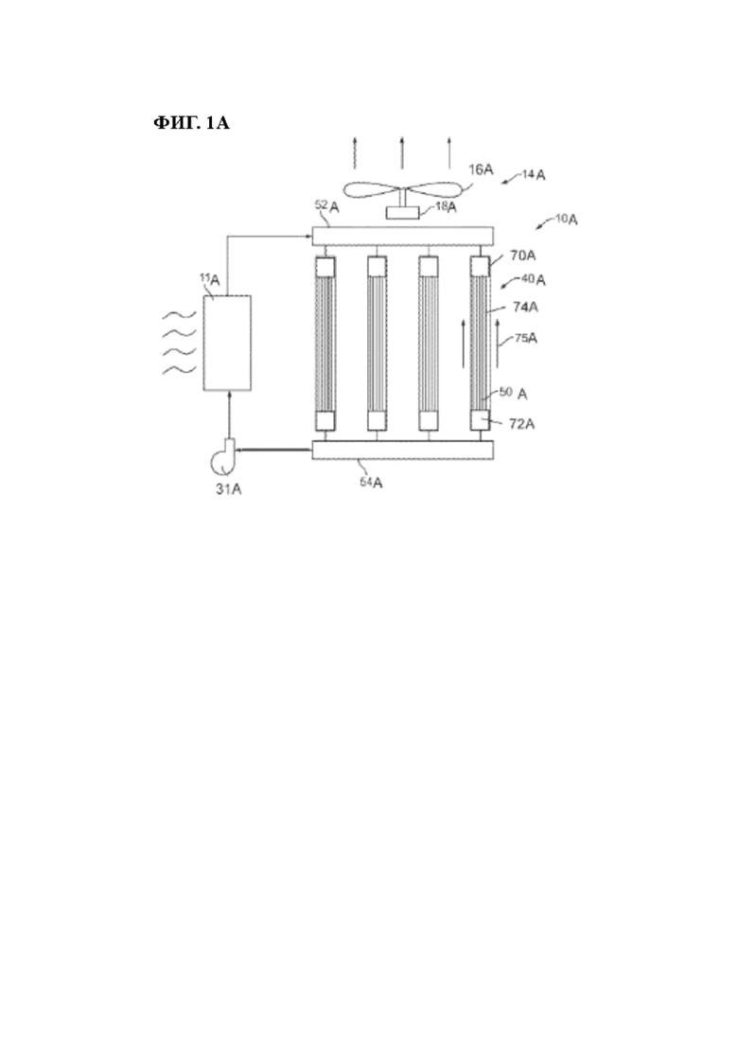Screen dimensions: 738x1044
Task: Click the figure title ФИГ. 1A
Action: tap(192, 122)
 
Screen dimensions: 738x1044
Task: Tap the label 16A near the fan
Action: tap(481, 169)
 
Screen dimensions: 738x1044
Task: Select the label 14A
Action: tap(534, 175)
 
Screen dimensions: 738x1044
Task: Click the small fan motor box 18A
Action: tap(403, 213)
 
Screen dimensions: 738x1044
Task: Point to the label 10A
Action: tap(566, 219)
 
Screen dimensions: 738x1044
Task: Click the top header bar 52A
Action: tap(403, 236)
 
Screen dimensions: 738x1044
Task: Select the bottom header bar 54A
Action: tap(403, 451)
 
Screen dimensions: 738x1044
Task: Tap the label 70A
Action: tap(522, 256)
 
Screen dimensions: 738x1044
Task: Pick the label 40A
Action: tap(534, 279)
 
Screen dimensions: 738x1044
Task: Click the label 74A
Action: tap(526, 307)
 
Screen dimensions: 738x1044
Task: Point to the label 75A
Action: tap(526, 338)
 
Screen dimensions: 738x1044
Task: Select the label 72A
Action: tap(521, 423)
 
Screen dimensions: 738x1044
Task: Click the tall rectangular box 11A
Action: tap(227, 343)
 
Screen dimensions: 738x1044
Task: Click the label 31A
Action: tap(228, 488)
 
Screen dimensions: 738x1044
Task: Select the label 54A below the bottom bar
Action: tap(371, 482)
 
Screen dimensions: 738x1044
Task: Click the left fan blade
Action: tap(371, 189)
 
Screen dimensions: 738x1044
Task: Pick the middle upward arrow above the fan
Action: tap(402, 152)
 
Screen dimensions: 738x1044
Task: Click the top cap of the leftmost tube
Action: tap(325, 267)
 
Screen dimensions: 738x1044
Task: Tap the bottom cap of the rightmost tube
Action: tap(480, 421)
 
